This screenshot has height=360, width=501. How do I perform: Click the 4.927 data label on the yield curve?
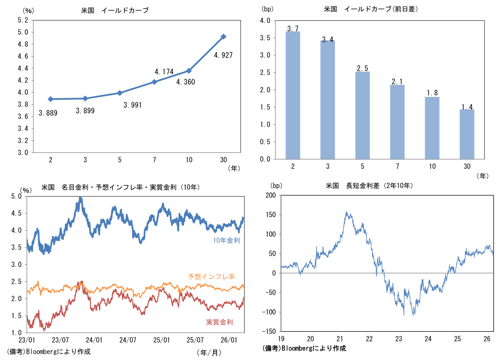point(223,55)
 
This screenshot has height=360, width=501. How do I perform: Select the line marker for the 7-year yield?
point(154,82)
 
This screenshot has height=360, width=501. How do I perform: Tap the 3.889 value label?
point(48,112)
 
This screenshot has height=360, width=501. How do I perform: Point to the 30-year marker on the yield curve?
point(223,37)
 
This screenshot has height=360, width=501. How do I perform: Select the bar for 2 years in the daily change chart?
point(293,95)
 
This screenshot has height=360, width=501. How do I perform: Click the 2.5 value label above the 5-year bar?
point(363,68)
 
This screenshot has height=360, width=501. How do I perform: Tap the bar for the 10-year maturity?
point(432,128)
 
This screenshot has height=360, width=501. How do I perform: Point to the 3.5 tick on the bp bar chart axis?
point(265,38)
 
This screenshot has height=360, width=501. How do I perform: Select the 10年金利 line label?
point(227,241)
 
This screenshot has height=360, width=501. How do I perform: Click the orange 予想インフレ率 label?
point(211,277)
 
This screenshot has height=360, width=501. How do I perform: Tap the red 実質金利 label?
point(220,322)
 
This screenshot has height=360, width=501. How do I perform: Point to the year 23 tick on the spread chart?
point(399,339)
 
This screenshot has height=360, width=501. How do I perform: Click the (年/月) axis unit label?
point(209,352)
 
